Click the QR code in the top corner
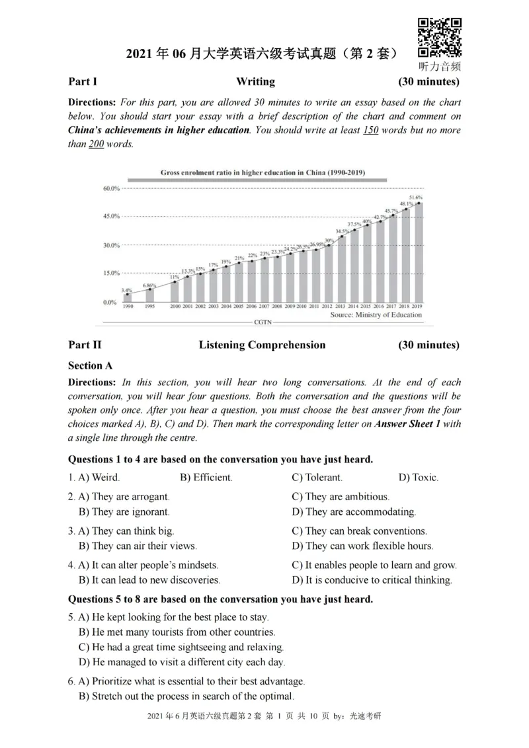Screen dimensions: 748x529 (440, 38)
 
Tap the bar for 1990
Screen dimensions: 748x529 (128, 298)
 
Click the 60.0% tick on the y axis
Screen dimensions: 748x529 (110, 188)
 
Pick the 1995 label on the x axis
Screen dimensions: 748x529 (150, 307)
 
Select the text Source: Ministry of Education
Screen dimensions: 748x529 (376, 315)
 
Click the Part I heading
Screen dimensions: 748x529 (83, 82)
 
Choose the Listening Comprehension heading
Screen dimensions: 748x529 (262, 345)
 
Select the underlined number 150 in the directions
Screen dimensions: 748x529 (370, 130)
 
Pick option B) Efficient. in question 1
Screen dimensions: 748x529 (206, 477)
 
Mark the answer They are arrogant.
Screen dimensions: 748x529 (124, 496)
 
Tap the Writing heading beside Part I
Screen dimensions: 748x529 (255, 82)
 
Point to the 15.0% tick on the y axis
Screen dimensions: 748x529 (110, 273)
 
